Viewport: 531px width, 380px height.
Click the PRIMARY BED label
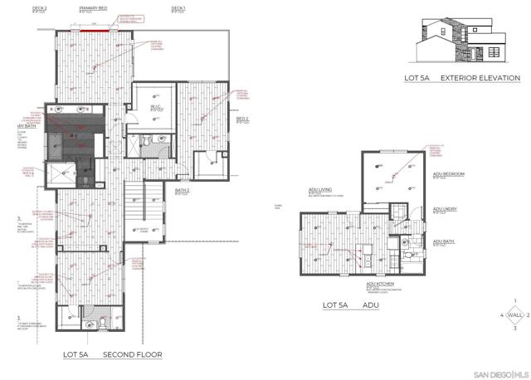click(x=93, y=7)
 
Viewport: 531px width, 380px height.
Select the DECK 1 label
click(x=178, y=7)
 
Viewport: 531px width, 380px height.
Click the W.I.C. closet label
click(x=154, y=106)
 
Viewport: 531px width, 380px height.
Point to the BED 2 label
click(x=242, y=119)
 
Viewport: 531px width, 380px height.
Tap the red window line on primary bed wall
click(x=94, y=27)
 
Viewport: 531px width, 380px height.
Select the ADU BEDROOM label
click(x=448, y=174)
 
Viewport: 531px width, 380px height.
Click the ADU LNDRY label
click(x=446, y=210)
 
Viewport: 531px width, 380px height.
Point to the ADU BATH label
click(x=444, y=242)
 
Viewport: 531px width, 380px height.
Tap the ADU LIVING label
click(x=319, y=190)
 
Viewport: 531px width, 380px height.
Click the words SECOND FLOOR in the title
click(x=132, y=354)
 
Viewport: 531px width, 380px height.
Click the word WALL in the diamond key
click(x=515, y=315)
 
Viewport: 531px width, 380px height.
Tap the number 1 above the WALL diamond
click(x=515, y=301)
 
